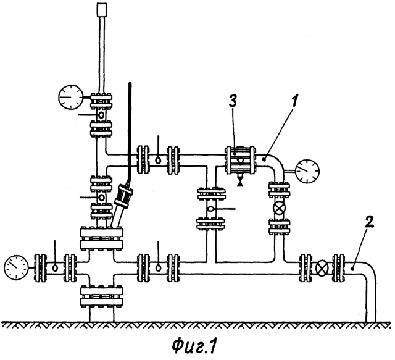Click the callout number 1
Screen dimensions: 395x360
pyautogui.click(x=295, y=102)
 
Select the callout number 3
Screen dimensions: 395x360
pyautogui.click(x=233, y=102)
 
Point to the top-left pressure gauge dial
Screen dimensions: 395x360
pyautogui.click(x=71, y=97)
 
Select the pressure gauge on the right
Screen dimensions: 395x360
pyautogui.click(x=307, y=171)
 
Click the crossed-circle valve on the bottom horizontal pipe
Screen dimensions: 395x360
pyautogui.click(x=322, y=268)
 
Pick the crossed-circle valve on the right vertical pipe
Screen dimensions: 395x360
pyautogui.click(x=280, y=208)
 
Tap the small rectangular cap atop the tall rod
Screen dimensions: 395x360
pyautogui.click(x=102, y=9)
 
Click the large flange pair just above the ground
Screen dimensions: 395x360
pyautogui.click(x=102, y=296)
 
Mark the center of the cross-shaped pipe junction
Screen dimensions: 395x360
pyautogui.click(x=101, y=268)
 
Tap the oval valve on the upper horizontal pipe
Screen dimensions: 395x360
pyautogui.click(x=158, y=160)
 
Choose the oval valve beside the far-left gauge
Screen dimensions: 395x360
pyautogui.click(x=55, y=267)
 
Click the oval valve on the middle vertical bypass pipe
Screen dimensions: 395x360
pyautogui.click(x=210, y=209)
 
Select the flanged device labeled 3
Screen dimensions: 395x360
pyautogui.click(x=240, y=160)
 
